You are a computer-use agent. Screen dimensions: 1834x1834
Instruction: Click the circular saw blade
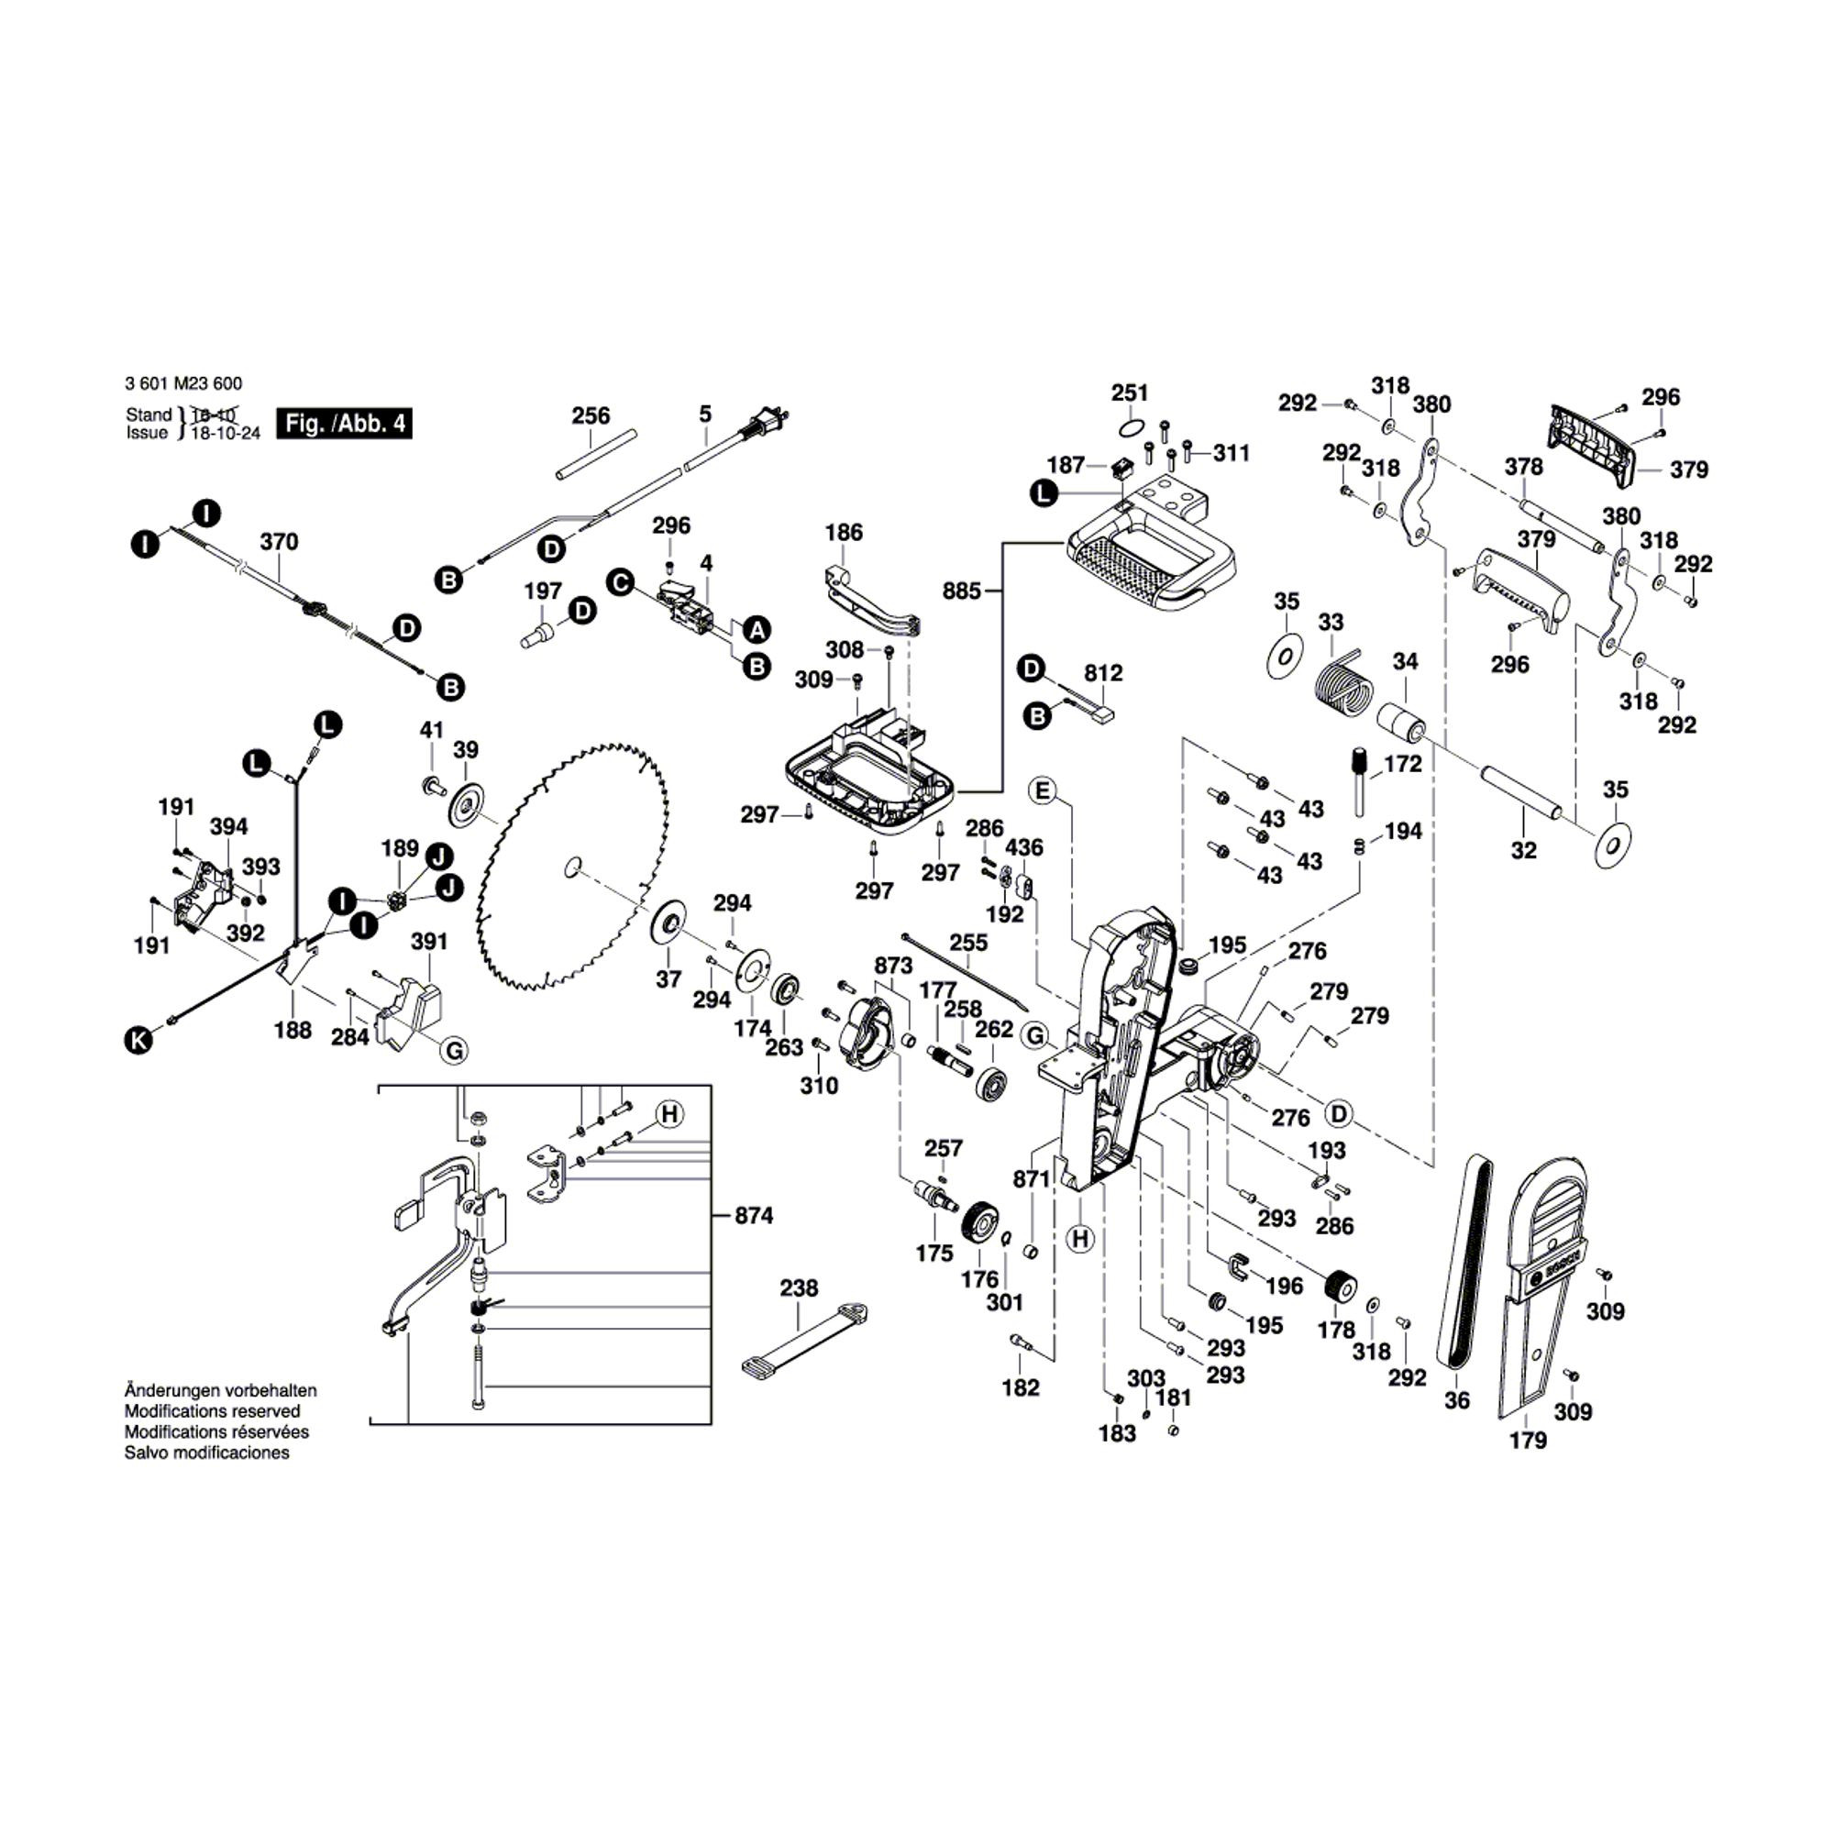[x=573, y=867]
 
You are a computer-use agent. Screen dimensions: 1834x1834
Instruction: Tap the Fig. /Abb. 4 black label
[x=345, y=424]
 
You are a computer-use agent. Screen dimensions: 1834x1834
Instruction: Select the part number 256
[x=591, y=415]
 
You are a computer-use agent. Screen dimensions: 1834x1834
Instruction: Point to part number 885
[x=961, y=591]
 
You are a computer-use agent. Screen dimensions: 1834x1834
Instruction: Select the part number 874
[x=754, y=1215]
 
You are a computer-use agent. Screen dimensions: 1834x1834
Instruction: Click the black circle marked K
[x=138, y=1041]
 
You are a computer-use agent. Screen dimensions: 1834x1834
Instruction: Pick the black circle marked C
[x=621, y=582]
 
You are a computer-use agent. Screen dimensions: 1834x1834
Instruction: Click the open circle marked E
[x=1044, y=790]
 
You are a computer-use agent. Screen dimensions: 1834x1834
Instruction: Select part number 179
[x=1529, y=1440]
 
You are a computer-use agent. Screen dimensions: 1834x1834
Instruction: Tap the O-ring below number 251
[x=1130, y=426]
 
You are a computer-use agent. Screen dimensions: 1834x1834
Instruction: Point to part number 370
[x=278, y=541]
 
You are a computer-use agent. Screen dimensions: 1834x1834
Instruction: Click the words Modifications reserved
[x=212, y=1410]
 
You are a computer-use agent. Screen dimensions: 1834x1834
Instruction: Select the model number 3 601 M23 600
[x=183, y=383]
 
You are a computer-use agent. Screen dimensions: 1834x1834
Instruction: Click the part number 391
[x=429, y=941]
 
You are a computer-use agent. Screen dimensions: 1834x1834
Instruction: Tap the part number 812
[x=1103, y=673]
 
